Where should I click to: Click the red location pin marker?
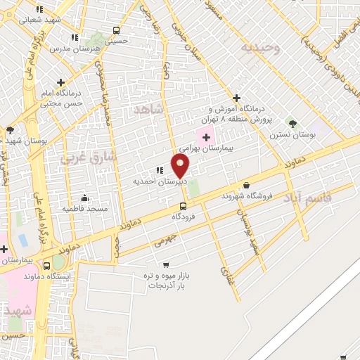coord(180,165)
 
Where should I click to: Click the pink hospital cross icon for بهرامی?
coord(205,136)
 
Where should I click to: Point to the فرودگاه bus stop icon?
coord(183,206)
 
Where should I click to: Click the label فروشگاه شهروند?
coord(245,195)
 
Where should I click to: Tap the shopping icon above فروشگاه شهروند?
coord(245,185)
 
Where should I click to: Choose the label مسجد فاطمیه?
coord(84,209)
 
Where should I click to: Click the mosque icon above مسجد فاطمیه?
coord(84,198)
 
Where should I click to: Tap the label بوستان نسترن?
coord(292,134)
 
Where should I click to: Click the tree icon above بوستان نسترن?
coord(292,124)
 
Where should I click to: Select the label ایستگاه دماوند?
coord(67,276)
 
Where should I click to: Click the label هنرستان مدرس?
coord(71,49)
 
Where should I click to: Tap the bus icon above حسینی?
coord(116,31)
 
